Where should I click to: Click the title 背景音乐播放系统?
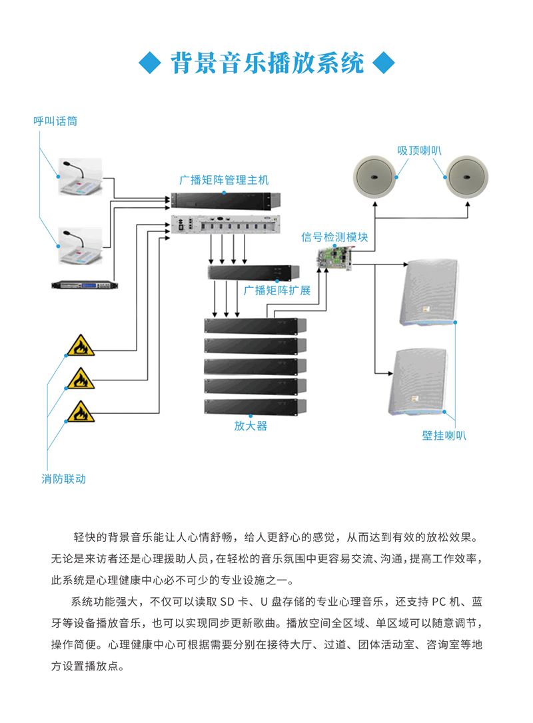pos(267,64)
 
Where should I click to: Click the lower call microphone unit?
pos(79,247)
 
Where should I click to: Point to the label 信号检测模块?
pos(334,237)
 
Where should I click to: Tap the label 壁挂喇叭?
pos(444,436)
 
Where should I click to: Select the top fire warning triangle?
pos(81,346)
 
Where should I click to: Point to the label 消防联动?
pos(64,478)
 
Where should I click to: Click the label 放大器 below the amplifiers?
pos(251,426)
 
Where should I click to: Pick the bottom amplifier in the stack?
pos(255,405)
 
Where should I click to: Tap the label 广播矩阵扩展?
pos(277,291)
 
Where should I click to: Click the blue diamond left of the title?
pos(151,65)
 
